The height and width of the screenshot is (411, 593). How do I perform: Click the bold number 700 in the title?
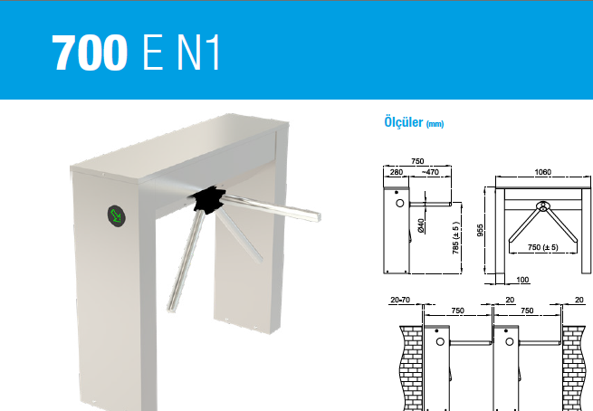90,53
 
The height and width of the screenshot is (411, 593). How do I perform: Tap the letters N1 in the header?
198,53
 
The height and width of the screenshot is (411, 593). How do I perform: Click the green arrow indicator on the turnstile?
117,215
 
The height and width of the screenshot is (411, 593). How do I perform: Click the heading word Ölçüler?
403,122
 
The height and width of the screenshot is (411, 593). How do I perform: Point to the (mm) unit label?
435,124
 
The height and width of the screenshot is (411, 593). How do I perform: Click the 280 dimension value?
396,172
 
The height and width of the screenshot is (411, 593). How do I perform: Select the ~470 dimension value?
430,172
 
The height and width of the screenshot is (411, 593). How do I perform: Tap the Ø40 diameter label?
421,225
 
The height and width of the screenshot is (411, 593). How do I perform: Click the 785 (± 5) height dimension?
455,237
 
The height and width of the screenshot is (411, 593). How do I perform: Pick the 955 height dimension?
480,230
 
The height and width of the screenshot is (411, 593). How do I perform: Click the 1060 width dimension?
542,172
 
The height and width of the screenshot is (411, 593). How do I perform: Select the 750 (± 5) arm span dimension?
542,247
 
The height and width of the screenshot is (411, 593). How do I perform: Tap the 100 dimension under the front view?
522,280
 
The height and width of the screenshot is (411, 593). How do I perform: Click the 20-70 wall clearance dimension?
400,300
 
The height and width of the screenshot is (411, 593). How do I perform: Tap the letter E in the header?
153,53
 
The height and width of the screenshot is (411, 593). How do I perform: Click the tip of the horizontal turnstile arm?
320,217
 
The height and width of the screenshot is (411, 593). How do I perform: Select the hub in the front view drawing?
543,206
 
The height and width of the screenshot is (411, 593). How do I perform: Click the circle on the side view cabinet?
400,203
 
